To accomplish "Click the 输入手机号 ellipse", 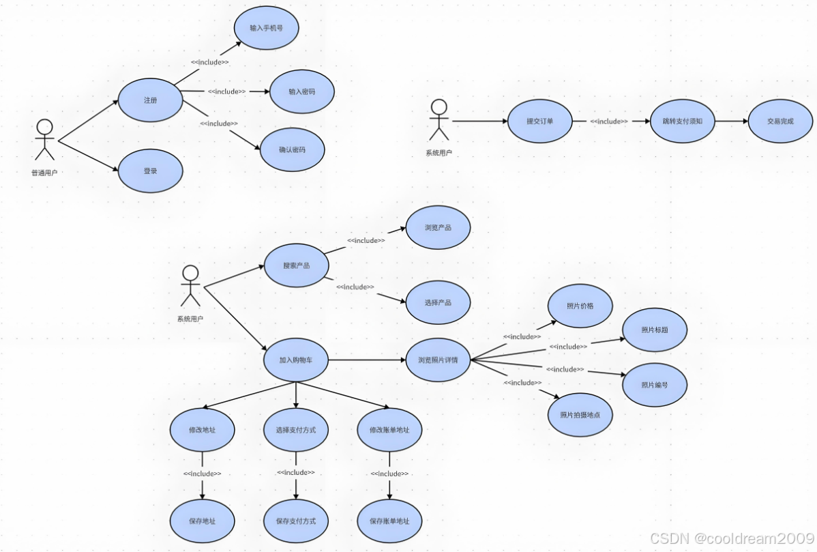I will [x=266, y=28].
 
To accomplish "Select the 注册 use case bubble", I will [x=151, y=100].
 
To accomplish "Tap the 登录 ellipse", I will [x=151, y=171].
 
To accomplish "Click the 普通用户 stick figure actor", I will [x=44, y=140].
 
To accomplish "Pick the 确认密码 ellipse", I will [x=292, y=149].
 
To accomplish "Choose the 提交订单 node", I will [x=539, y=121].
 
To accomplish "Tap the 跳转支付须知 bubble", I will [x=682, y=121].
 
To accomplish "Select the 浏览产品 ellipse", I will [x=438, y=227].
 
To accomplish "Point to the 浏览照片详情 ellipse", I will [x=438, y=360].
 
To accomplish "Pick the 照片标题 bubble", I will [x=654, y=330].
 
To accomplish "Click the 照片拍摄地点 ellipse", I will [x=580, y=415].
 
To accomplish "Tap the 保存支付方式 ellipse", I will [x=296, y=521].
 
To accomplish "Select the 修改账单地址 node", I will [x=389, y=431].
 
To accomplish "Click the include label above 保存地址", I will [x=202, y=474].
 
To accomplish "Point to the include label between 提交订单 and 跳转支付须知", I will [x=609, y=121].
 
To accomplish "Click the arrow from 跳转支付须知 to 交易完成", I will [x=730, y=121].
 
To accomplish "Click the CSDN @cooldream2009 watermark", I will [x=730, y=538].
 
